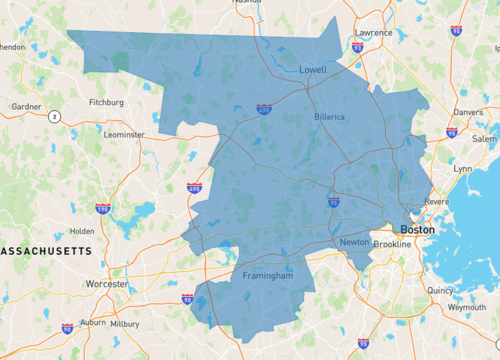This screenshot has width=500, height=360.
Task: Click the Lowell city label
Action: tap(313, 70)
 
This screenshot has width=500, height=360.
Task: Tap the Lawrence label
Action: tap(372, 32)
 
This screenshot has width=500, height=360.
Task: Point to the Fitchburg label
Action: tap(106, 102)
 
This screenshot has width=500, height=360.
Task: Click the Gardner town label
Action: tap(25, 105)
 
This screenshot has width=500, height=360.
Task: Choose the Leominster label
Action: tap(124, 134)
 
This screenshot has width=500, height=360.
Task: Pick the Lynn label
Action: tap(463, 169)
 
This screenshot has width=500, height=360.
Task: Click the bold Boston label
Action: tap(417, 229)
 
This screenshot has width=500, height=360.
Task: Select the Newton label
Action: tap(353, 243)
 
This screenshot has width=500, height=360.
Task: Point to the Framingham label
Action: tap(268, 275)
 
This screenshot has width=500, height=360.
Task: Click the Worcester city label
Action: tap(106, 284)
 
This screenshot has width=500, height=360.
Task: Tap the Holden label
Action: tap(82, 231)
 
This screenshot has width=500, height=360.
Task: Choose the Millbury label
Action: tap(125, 324)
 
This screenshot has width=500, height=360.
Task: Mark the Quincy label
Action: tap(440, 291)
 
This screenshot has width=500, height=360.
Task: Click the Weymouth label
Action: tap(466, 308)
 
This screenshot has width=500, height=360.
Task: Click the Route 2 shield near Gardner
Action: tap(54, 117)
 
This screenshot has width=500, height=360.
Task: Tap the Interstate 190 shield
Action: tap(103, 208)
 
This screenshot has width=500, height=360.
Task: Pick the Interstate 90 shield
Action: tap(188, 298)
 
